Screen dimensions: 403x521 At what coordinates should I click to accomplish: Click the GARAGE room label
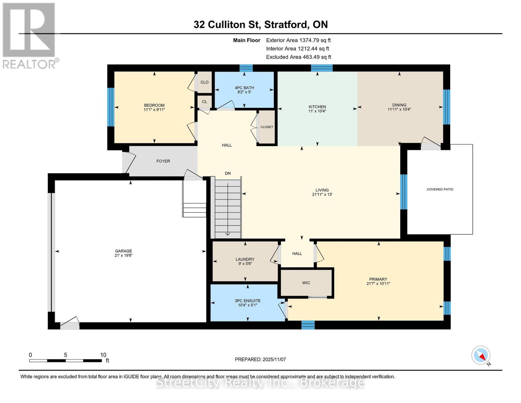click(123, 251)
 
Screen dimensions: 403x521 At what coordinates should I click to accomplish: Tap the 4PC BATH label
click(244, 88)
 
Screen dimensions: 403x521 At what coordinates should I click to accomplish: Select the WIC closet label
click(306, 283)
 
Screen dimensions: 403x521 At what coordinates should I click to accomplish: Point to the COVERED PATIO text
click(440, 189)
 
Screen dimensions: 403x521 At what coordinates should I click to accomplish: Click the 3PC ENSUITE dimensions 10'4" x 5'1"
click(248, 305)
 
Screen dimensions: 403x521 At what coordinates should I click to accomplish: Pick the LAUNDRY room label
click(245, 259)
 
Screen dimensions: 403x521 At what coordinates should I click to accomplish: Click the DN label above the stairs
click(228, 173)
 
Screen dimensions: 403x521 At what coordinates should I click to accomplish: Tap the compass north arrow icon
click(481, 356)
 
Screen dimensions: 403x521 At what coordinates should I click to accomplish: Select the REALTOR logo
click(30, 35)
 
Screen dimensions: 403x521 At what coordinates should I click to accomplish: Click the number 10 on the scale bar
click(103, 355)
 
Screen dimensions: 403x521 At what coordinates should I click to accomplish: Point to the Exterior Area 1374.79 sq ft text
click(298, 40)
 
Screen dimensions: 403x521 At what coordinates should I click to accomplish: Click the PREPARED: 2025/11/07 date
click(260, 359)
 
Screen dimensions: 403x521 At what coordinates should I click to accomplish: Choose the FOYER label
click(163, 161)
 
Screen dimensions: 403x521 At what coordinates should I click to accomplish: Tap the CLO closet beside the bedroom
click(204, 82)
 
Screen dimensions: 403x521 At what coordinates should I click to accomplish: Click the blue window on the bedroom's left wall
click(111, 107)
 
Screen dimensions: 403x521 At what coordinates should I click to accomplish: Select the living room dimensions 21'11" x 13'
click(322, 194)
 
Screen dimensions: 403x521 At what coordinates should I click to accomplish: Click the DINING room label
click(399, 105)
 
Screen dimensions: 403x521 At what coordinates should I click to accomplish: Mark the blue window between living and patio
click(404, 192)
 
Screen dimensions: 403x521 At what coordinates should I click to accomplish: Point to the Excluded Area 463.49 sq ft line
click(299, 57)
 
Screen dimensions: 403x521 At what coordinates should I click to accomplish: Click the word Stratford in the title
click(285, 25)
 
